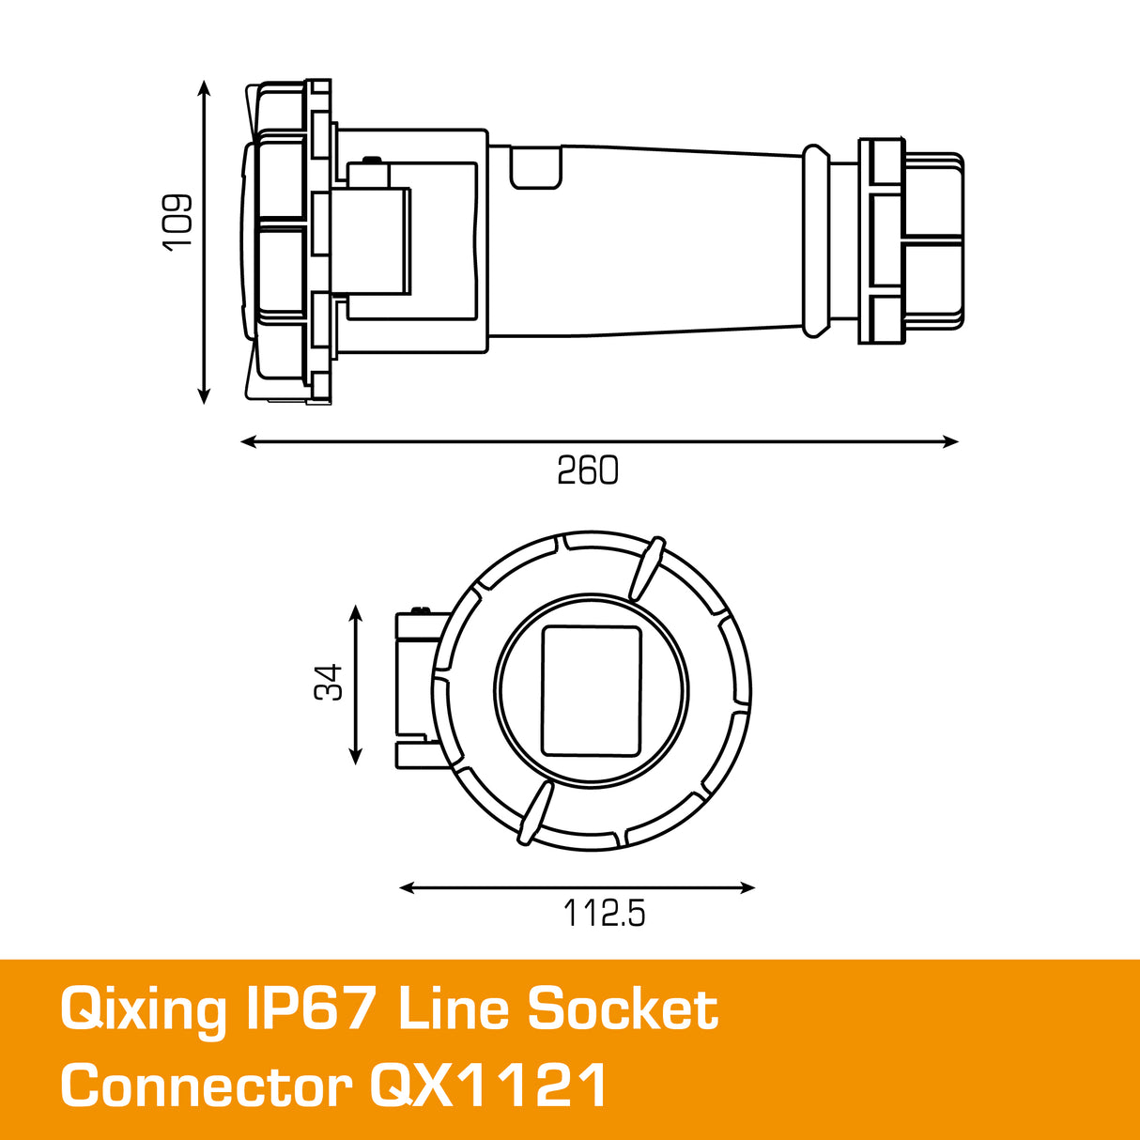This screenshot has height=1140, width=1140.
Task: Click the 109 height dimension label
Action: click(177, 222)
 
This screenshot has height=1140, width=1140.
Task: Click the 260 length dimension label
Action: click(588, 470)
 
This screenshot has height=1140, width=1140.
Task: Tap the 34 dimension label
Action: click(329, 682)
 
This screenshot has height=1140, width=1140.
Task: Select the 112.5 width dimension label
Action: click(604, 913)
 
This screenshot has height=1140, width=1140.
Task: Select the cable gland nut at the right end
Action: click(911, 240)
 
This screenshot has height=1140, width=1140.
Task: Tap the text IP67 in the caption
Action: click(312, 1009)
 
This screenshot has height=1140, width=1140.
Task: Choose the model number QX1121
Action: click(488, 1087)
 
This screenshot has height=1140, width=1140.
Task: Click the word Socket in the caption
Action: click(623, 1009)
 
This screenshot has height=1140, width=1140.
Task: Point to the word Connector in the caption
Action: click(207, 1087)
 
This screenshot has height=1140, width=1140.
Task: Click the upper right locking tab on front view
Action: click(646, 567)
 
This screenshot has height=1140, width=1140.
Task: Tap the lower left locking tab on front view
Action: click(534, 813)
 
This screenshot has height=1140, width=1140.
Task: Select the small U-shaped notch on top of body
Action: click(535, 168)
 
